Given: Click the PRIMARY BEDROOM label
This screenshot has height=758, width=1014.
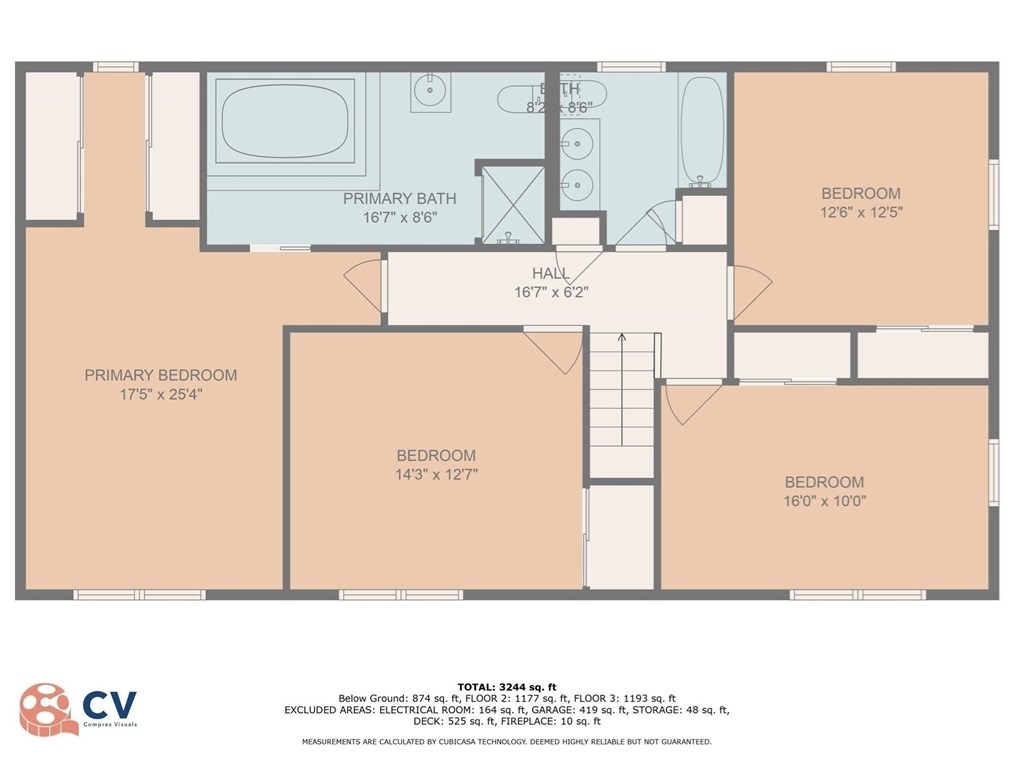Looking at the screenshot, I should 161,375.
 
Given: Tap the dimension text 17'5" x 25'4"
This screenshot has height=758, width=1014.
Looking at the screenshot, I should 161,394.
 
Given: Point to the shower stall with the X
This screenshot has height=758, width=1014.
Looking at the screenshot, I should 513,203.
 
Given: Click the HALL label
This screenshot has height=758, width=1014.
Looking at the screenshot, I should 551,273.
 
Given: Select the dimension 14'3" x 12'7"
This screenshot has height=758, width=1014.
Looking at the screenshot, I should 436,475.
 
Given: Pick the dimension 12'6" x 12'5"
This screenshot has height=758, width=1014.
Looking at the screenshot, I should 861,212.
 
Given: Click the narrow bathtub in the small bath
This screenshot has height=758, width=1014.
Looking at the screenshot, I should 702,130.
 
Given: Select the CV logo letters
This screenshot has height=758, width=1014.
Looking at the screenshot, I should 109,703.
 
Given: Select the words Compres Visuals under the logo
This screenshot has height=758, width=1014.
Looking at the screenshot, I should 109,724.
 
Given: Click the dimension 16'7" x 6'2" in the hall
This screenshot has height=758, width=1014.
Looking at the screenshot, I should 551,292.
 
